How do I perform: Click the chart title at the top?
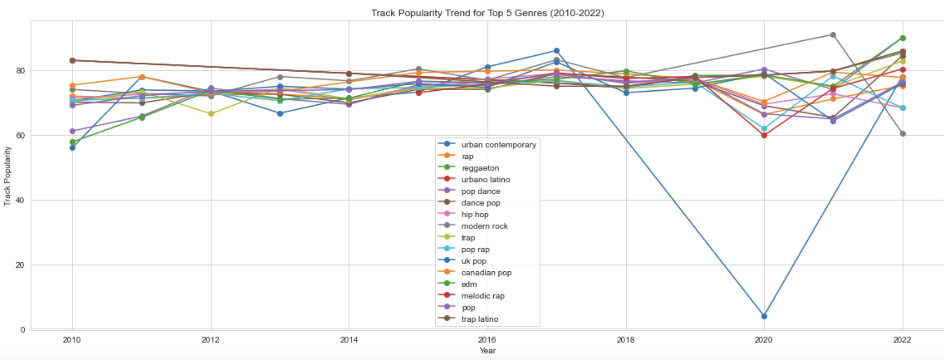point(487,13)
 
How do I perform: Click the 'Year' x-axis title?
point(487,350)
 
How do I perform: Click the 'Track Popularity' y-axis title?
point(7,176)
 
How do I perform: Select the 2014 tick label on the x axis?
point(349,340)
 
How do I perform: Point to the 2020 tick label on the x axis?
point(763,340)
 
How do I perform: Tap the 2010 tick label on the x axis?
point(72,340)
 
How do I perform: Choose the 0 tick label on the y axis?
point(23,330)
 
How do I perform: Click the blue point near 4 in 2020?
point(764,316)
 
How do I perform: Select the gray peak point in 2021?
point(833,35)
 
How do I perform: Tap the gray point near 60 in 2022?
point(903,134)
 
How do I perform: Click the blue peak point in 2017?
point(556,51)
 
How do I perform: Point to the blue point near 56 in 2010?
point(73,148)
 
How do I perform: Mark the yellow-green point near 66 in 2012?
point(211,114)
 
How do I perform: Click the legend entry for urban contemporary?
point(498,145)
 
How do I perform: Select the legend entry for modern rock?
point(484,226)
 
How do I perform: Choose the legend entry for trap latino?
point(479,319)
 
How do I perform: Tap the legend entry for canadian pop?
point(486,273)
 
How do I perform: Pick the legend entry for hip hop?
point(475,215)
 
